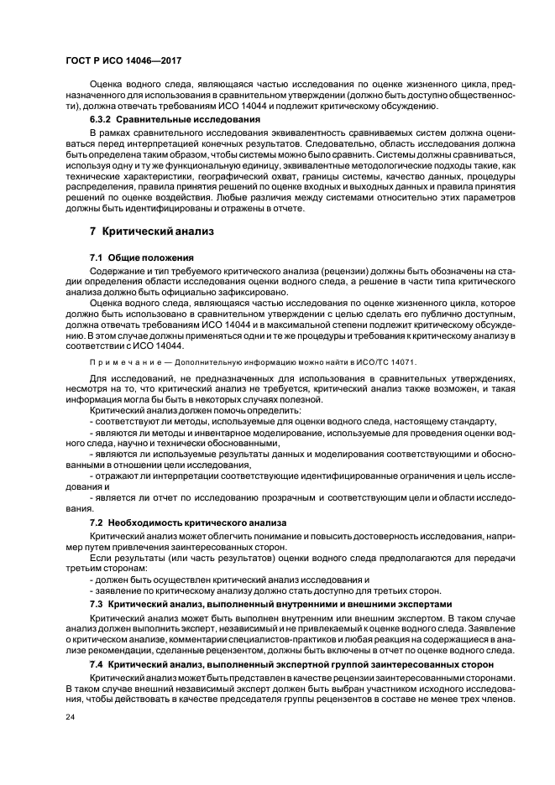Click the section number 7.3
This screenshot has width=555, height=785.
[97, 604]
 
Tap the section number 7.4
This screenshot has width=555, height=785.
[97, 663]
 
